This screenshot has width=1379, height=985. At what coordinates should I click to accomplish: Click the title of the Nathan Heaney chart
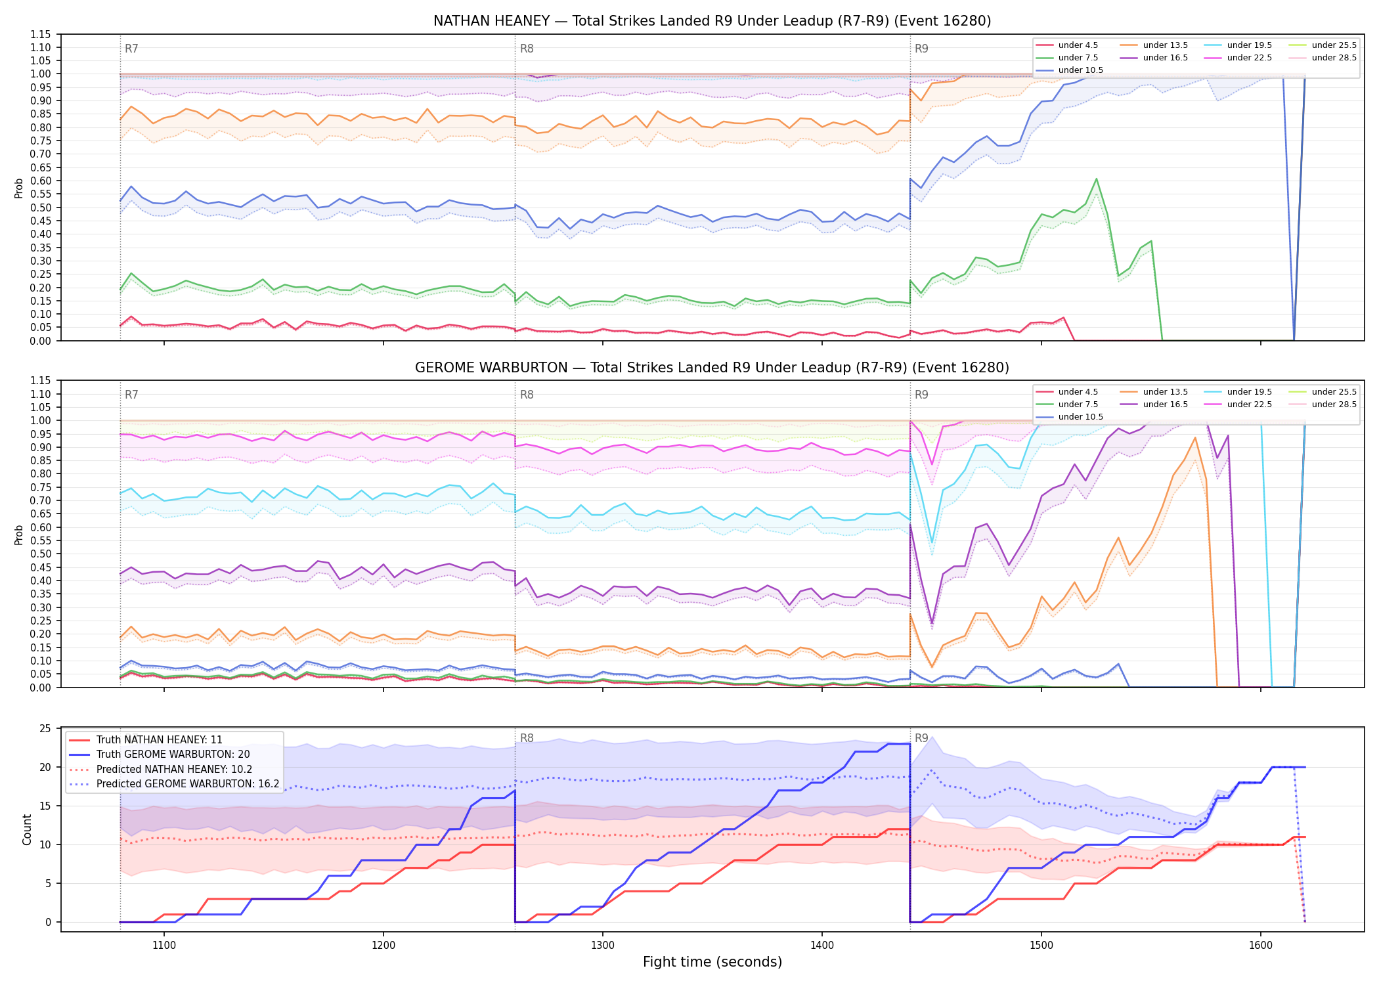712,21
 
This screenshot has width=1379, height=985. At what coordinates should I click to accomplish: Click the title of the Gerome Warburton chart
712,368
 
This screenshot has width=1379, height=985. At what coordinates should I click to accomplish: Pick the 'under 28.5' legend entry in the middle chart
1323,405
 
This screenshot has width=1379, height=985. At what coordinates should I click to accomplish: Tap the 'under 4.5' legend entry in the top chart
1066,45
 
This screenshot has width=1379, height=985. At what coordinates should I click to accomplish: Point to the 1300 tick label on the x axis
603,946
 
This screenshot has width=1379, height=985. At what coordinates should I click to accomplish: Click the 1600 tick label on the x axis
1261,946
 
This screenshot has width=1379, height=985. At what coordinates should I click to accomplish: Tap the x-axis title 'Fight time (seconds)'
712,963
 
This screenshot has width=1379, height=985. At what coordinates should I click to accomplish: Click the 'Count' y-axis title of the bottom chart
27,829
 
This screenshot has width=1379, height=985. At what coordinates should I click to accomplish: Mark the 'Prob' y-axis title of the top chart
19,188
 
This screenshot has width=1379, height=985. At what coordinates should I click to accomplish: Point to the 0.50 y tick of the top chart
41,208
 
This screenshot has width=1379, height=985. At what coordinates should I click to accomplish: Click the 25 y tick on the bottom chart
45,729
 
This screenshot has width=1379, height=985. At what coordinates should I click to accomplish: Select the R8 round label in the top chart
527,49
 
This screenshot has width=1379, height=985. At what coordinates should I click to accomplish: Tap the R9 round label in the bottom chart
922,738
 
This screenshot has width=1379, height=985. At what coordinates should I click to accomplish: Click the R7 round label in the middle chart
131,395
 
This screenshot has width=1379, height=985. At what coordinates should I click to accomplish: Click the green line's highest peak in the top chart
1096,179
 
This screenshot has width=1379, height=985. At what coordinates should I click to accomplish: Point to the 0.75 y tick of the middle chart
41,487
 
